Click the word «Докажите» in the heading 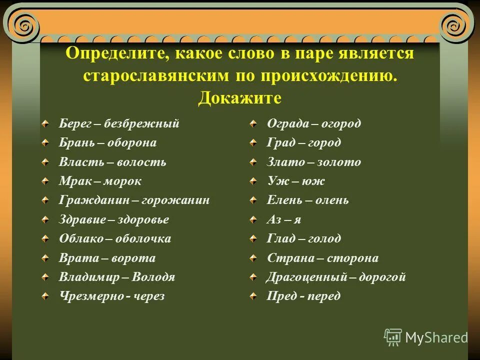click(240, 97)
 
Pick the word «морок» click(121, 181)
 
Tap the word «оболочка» click(143, 239)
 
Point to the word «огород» click(340, 123)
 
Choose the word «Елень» click(282, 200)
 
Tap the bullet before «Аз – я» click(255, 219)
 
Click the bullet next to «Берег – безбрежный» click(45, 123)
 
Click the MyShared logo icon click(393, 337)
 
